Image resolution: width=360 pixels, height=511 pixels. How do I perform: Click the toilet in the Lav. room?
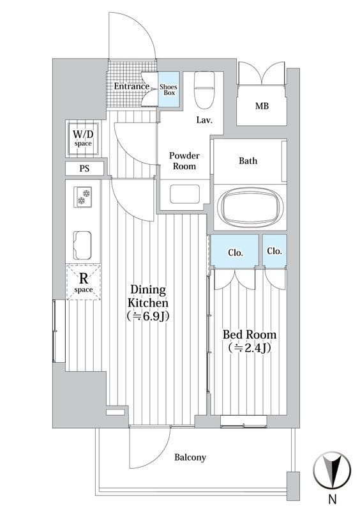point(204,90)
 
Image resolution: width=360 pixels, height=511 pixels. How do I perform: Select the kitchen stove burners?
point(84,197)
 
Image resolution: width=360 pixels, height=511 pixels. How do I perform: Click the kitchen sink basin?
point(82,245)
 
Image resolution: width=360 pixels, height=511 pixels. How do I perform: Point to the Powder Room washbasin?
point(184,194)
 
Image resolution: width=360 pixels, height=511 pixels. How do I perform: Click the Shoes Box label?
point(169,89)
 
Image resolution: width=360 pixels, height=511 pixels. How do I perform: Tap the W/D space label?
point(83,137)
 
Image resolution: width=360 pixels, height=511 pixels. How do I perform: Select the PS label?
point(84,169)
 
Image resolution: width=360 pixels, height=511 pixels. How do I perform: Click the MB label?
point(262,106)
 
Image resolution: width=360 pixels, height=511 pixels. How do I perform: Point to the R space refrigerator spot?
point(84,282)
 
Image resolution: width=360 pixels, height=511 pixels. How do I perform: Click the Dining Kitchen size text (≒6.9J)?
point(148,316)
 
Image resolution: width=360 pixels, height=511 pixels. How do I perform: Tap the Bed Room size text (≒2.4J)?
point(250,347)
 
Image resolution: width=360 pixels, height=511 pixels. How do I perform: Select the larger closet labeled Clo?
point(234,250)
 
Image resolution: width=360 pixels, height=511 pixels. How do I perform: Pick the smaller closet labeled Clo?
point(274,250)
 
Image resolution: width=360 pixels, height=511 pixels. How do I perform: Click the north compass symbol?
point(332,470)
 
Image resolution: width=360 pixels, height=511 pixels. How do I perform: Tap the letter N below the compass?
point(333,499)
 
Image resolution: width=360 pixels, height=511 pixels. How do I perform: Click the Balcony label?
point(190,457)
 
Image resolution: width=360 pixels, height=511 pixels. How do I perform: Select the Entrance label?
point(131,86)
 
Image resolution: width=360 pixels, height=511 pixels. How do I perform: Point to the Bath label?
point(248,161)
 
